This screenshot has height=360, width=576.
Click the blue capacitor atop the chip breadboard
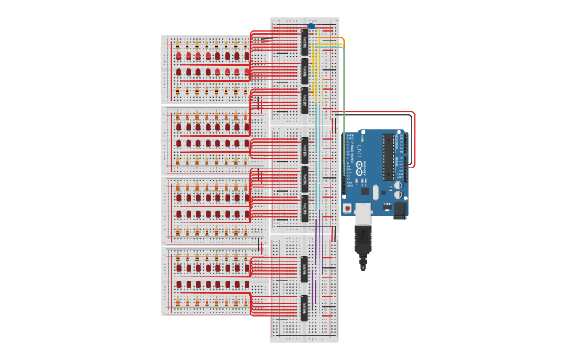(311, 26)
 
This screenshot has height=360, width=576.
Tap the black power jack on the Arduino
(400, 209)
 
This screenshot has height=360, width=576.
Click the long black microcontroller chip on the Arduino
(389, 156)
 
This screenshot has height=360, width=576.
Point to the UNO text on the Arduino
(358, 151)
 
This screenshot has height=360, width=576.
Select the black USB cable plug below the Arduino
(362, 238)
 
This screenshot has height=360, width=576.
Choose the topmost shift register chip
(304, 41)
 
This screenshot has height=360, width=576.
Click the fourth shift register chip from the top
(304, 149)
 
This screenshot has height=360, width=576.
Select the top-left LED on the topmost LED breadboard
(179, 56)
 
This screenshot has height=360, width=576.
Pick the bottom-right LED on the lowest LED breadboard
(246, 284)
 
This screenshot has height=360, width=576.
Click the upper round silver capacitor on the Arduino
(397, 185)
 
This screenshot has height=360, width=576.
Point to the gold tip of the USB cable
(363, 267)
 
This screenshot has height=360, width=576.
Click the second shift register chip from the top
(304, 70)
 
